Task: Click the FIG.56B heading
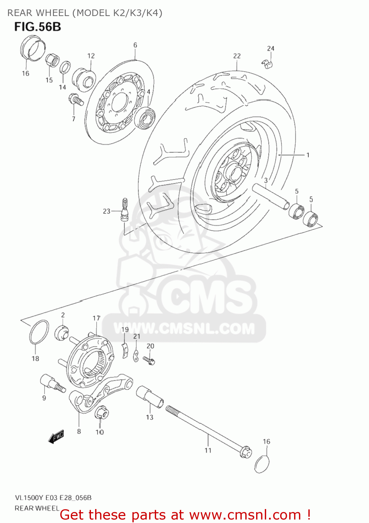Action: [x=38, y=27]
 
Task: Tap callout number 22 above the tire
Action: [x=237, y=56]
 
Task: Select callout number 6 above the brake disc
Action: [x=135, y=45]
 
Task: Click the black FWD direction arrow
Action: [x=56, y=436]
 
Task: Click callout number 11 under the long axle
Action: [x=208, y=450]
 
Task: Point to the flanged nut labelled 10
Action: [x=101, y=413]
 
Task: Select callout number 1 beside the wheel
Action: [x=308, y=155]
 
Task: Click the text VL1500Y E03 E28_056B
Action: [x=53, y=498]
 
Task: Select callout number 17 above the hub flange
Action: [x=97, y=318]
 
